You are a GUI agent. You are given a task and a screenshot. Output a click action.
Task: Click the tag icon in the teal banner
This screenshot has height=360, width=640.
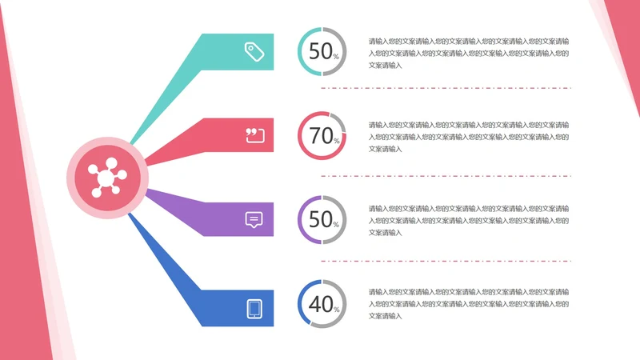pyautogui.click(x=254, y=52)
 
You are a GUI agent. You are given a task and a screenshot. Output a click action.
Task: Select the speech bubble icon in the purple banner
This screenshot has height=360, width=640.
pyautogui.click(x=254, y=219)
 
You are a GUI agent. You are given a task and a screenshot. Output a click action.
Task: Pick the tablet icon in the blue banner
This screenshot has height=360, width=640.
pyautogui.click(x=254, y=308)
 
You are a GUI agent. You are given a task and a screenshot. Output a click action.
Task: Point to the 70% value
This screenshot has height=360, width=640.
pyautogui.click(x=322, y=136)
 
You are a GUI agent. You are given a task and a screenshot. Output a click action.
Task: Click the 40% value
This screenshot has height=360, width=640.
pyautogui.click(x=322, y=304)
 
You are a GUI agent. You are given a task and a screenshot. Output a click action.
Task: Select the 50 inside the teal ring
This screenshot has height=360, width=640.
pyautogui.click(x=320, y=51)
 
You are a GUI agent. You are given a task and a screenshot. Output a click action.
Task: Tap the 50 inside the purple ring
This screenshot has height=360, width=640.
pyautogui.click(x=320, y=219)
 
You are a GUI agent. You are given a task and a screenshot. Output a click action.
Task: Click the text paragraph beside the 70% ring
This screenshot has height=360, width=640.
pyautogui.click(x=468, y=136)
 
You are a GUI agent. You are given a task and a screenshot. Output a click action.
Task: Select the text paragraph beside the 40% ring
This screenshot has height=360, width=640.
pyautogui.click(x=468, y=304)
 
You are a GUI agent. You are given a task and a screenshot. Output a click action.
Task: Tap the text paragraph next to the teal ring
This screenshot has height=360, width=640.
pyautogui.click(x=468, y=52)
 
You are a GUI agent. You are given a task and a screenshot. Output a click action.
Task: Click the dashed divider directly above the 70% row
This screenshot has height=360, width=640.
pyautogui.click(x=446, y=88)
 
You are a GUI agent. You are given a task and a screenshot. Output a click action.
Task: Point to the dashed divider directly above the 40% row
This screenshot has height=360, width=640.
pyautogui.click(x=446, y=261)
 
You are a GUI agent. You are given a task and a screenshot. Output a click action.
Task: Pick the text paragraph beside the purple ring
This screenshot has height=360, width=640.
pyautogui.click(x=468, y=220)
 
